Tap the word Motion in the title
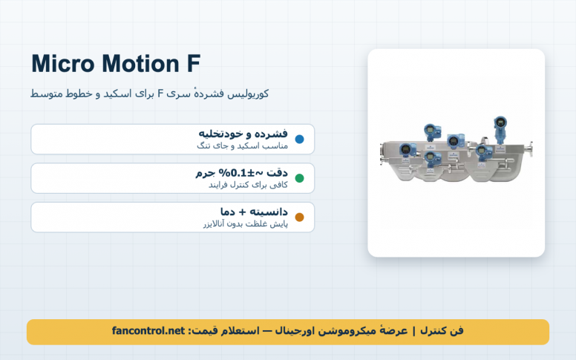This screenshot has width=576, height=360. (140, 64)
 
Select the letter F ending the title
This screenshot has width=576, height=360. (194, 64)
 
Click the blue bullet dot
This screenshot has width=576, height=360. (299, 140)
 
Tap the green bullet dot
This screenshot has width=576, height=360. (299, 178)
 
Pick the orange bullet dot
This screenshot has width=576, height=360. (299, 217)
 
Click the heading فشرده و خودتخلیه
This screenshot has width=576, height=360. (243, 134)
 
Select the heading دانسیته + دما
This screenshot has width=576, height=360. (254, 212)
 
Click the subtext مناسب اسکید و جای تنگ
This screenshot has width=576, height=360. (242, 145)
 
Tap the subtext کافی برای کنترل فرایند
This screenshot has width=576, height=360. (248, 185)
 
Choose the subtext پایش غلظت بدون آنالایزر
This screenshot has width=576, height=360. (246, 223)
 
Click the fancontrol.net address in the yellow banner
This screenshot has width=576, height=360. (148, 330)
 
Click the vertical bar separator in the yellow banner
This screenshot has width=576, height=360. (414, 331)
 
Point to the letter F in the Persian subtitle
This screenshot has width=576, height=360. (160, 94)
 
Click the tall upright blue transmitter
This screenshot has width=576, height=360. (500, 130)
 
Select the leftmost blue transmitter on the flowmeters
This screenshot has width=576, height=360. (407, 151)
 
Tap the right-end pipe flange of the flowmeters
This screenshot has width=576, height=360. (529, 148)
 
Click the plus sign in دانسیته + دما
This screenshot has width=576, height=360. (242, 212)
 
